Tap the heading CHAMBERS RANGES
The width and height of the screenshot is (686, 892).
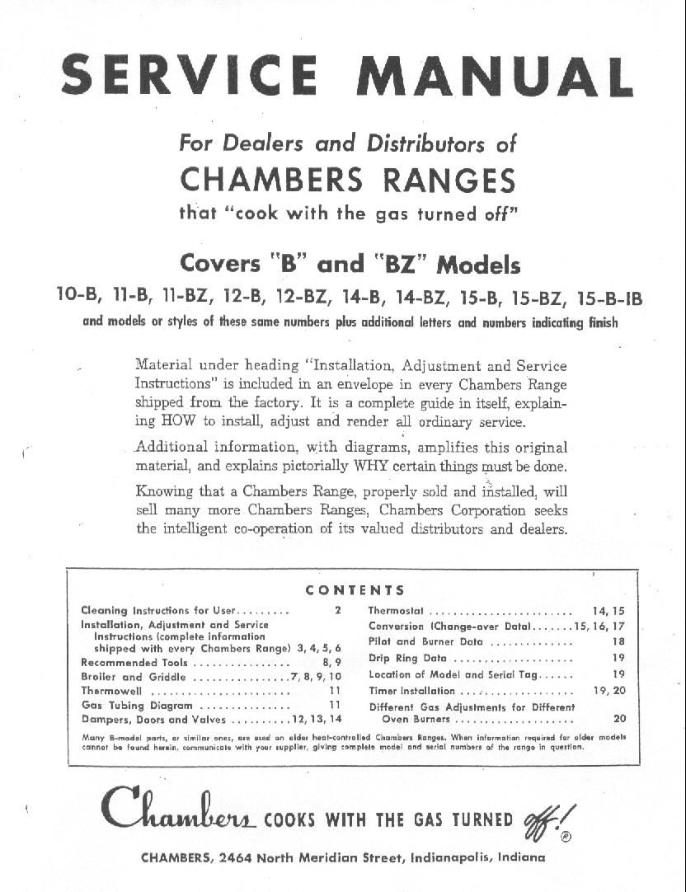pos(347,179)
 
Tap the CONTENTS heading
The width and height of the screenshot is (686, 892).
pos(355,590)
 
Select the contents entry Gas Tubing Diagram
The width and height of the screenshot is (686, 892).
pos(137,706)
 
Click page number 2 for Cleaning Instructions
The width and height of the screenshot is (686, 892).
pos(337,611)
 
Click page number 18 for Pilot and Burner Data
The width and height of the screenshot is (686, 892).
pos(618,641)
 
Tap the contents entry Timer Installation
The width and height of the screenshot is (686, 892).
pos(411,691)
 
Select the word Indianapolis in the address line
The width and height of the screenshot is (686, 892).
pos(451,857)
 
